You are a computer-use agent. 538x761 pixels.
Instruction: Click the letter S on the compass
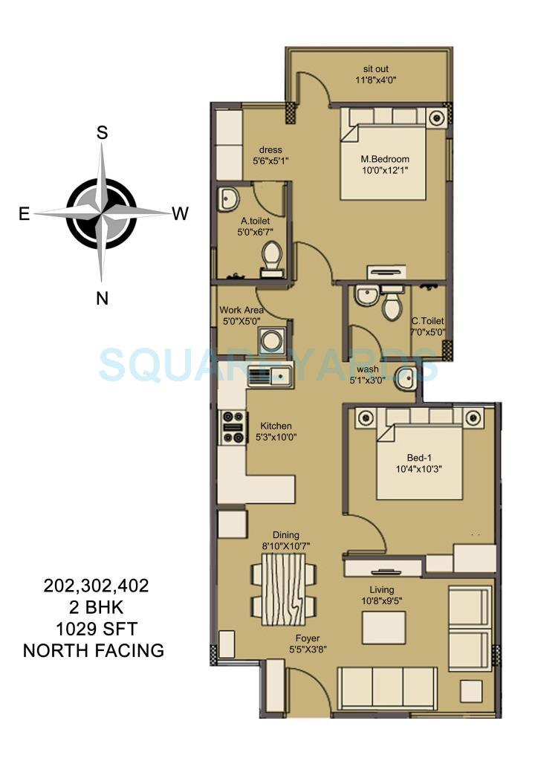click(103, 133)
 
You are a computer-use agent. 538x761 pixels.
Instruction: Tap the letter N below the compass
click(103, 299)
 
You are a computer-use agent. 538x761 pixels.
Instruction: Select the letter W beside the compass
click(180, 214)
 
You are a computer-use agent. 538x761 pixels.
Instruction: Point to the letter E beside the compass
click(25, 214)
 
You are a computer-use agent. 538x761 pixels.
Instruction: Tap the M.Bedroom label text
click(385, 159)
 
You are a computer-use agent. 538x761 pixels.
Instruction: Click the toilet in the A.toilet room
click(271, 257)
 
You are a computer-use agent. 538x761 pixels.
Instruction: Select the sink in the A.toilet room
click(229, 199)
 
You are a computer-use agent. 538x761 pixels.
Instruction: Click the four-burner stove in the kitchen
click(233, 427)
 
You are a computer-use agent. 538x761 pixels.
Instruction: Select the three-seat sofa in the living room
click(387, 687)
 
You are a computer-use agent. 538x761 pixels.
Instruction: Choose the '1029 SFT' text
click(94, 629)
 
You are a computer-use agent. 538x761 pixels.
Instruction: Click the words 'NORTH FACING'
click(94, 651)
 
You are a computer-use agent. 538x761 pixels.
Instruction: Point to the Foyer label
click(307, 638)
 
